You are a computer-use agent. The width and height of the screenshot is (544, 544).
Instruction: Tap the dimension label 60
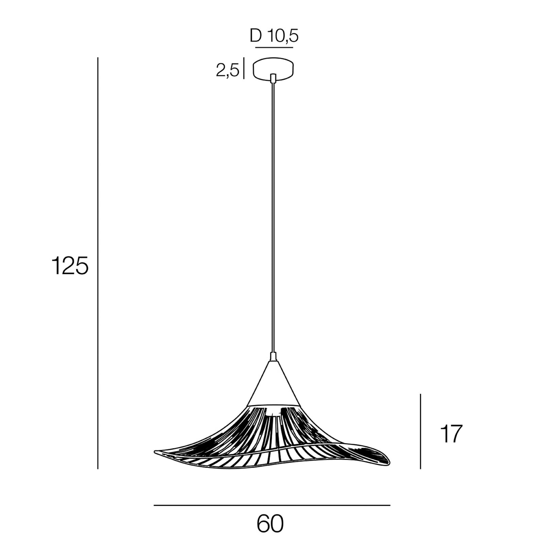(270, 524)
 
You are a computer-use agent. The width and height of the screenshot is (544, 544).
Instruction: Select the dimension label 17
(451, 434)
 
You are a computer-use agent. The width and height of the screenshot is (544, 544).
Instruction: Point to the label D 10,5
(274, 36)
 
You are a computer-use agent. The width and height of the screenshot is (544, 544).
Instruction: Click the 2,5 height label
(227, 71)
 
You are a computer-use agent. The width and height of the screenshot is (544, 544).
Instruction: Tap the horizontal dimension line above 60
(272, 505)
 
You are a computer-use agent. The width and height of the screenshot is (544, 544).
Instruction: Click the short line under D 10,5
(274, 47)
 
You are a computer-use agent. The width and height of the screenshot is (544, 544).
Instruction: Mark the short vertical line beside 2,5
(244, 68)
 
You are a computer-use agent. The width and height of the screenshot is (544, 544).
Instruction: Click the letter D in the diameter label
(256, 36)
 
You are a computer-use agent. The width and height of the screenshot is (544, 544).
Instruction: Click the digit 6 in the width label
(263, 524)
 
